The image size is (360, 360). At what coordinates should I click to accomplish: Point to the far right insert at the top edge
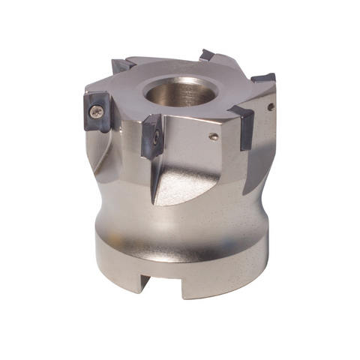[x=263, y=77]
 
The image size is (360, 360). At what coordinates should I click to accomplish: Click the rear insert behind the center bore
[x=207, y=55]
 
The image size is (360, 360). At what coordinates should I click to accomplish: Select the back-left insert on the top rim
[x=124, y=66]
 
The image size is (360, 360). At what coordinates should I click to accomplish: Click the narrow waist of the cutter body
[x=180, y=217]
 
